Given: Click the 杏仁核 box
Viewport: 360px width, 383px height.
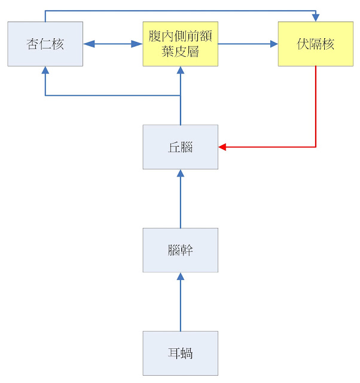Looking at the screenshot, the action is click(x=45, y=44).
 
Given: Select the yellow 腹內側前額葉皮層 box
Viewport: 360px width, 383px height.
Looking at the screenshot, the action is click(x=181, y=44).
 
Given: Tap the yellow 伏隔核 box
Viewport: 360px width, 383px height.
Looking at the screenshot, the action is click(x=316, y=44).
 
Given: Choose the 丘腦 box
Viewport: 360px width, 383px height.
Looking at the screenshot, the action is click(x=181, y=147).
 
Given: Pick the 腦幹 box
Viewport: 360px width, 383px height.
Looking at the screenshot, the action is click(x=181, y=250).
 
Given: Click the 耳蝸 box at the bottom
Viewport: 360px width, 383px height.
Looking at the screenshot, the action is click(x=181, y=353).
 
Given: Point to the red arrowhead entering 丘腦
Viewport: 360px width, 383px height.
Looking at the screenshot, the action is click(x=222, y=147).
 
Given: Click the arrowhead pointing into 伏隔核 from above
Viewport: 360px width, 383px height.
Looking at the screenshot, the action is click(x=316, y=18).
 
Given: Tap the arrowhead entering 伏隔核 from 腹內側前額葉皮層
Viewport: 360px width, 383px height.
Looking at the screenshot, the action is click(x=274, y=44).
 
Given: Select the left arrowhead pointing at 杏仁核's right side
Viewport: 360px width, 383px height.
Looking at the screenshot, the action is click(x=89, y=44).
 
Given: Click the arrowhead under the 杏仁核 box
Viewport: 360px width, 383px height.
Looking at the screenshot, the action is click(x=45, y=70).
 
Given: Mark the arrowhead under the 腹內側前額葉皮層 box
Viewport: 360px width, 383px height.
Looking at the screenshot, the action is click(x=181, y=70).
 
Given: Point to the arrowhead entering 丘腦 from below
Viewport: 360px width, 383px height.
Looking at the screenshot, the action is click(x=181, y=173).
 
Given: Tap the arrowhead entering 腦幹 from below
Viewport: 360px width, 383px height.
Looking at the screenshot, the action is click(x=181, y=276).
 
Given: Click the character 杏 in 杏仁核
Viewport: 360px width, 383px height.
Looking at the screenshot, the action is click(x=32, y=44).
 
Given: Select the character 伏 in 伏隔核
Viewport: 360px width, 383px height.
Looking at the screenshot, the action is click(x=303, y=44).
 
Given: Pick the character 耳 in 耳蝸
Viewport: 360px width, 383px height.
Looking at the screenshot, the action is click(x=174, y=354).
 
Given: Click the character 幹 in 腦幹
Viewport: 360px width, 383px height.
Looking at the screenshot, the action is click(x=187, y=250).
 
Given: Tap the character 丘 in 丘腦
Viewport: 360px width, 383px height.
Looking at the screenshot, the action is click(x=174, y=147).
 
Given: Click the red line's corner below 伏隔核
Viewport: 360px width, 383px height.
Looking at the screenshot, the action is click(x=316, y=147).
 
